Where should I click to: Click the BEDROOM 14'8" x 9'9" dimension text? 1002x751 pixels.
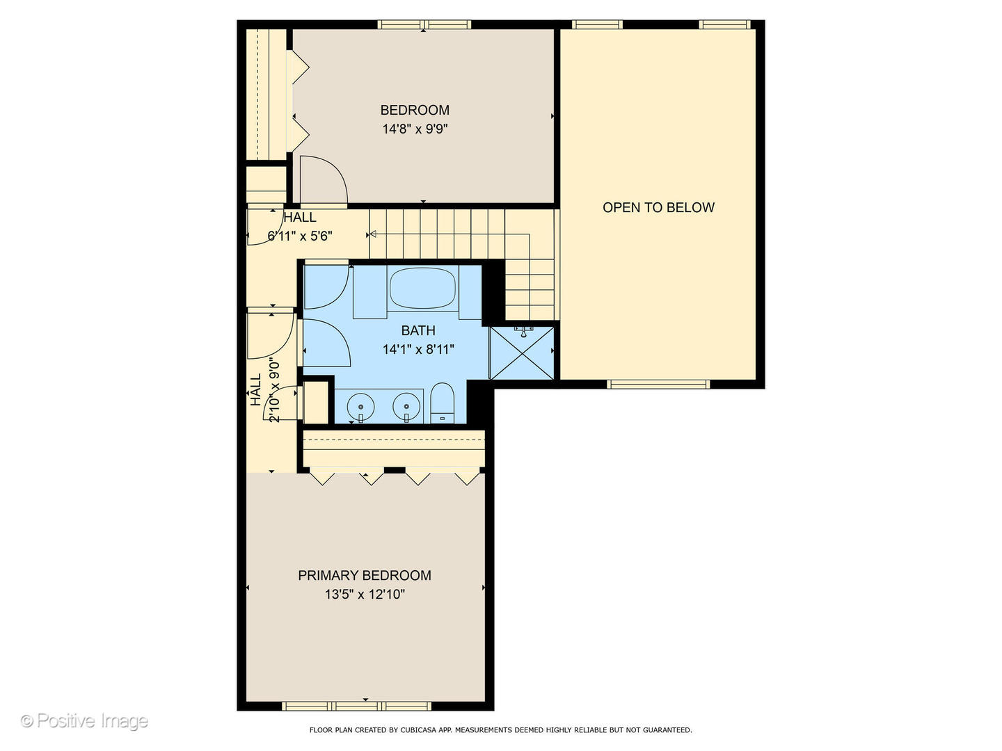coord(415,129)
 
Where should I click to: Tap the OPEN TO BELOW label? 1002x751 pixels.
coord(658,207)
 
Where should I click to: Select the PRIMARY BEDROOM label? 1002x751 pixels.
coord(365,575)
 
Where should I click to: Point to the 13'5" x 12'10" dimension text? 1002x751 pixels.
coord(365,594)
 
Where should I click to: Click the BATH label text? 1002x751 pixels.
coord(418,330)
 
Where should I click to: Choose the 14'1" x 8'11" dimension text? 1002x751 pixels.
coord(418,349)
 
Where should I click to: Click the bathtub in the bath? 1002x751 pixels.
coord(422,288)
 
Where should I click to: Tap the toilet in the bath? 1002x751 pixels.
coord(443,403)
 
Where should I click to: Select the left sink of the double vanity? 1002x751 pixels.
coord(360,407)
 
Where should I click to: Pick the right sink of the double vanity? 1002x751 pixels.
coord(406,407)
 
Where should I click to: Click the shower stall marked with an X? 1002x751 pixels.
coord(521,353)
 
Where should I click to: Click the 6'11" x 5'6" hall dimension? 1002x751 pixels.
coord(299,236)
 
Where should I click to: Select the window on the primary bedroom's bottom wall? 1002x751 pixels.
coord(356,706)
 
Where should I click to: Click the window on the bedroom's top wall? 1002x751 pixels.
coord(424,24)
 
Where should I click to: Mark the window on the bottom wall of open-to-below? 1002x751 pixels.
coord(658,385)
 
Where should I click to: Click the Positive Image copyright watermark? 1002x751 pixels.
coord(84,721)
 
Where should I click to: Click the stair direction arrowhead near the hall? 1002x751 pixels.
coord(372,234)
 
